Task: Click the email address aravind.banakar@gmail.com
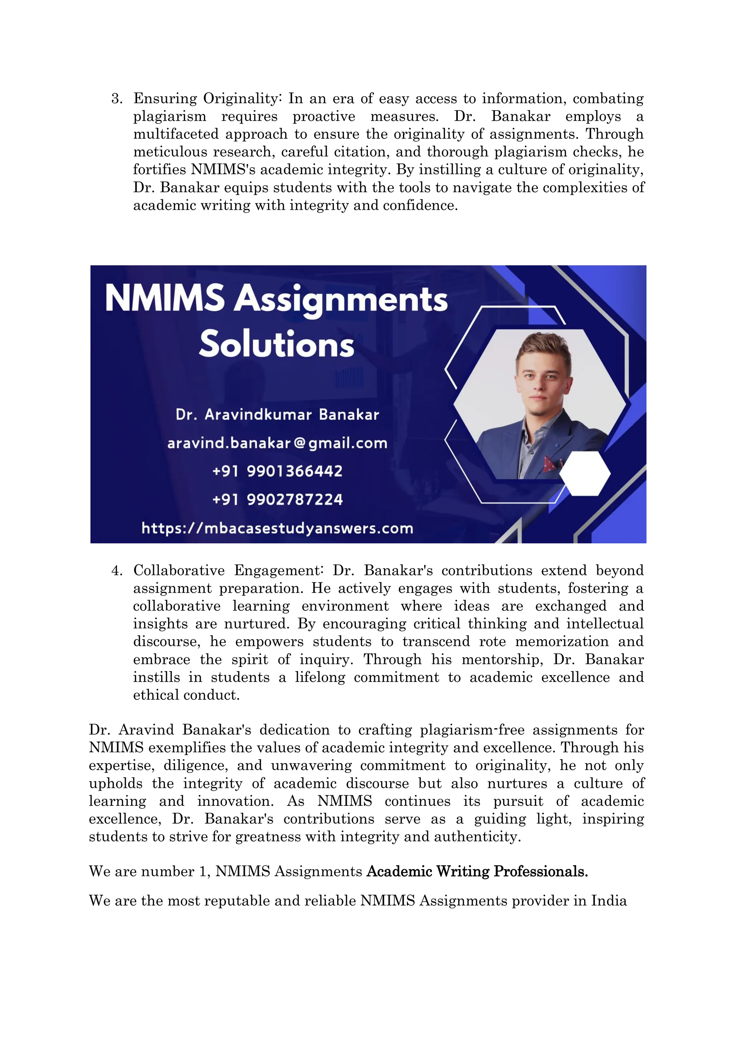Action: (x=277, y=443)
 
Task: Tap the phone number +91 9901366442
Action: (x=277, y=471)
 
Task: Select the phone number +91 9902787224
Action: (x=277, y=500)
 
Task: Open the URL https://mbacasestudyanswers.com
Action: (x=277, y=528)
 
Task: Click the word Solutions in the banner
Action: (x=276, y=344)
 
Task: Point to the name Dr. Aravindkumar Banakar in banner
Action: (x=277, y=414)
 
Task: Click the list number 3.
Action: (x=117, y=98)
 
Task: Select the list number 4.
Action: (x=117, y=571)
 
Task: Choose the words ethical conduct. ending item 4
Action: (x=186, y=695)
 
